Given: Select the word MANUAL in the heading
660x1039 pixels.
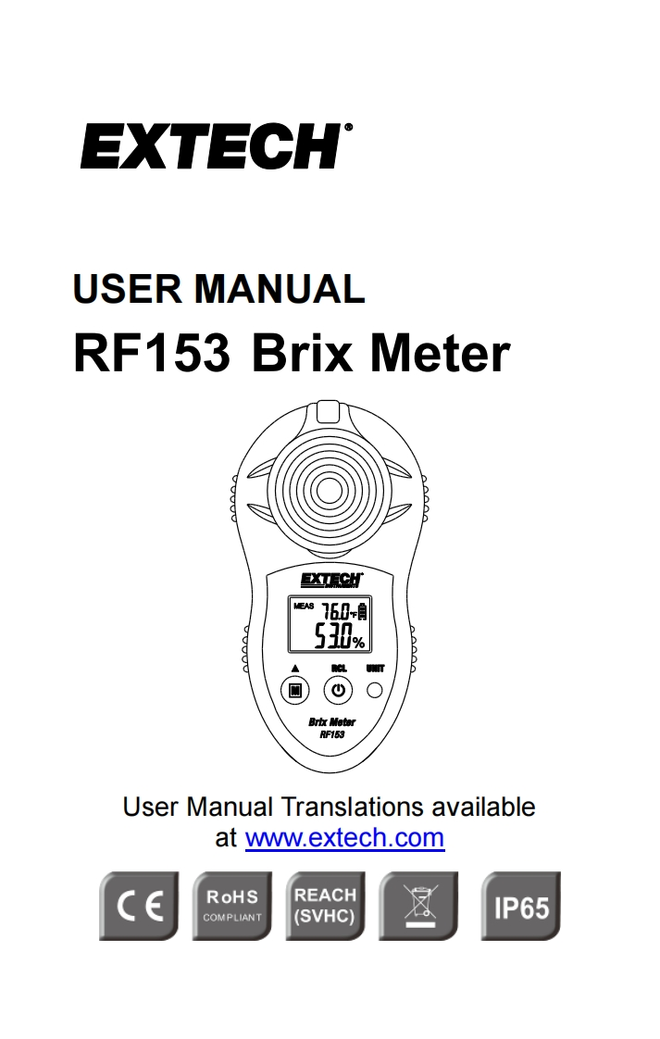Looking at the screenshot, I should coord(279,289).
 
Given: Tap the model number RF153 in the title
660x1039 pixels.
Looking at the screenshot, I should coord(151,354).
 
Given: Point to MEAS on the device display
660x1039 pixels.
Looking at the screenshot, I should coord(304,608).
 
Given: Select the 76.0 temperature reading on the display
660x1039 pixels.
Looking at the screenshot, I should coord(335,612).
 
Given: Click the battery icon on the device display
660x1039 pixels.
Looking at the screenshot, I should coord(363,611).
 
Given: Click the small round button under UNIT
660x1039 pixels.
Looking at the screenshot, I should coord(375,690).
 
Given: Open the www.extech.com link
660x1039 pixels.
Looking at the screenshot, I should coord(344,838).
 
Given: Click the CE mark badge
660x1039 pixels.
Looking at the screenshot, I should coord(139,907).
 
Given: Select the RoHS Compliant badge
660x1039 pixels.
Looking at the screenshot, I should coord(232,907).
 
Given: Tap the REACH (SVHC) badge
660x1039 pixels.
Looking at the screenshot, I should coord(325,907).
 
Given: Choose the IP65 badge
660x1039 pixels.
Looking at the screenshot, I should coord(521,907).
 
